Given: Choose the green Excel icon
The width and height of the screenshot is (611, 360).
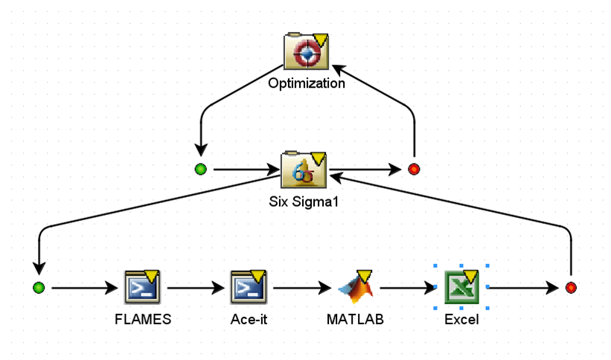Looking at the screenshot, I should coord(461,287).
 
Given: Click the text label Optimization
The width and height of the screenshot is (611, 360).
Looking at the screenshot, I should coord(307,83).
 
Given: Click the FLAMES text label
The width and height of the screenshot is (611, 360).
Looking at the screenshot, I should coord(143,320).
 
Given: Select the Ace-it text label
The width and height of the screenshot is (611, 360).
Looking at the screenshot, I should coord(249,320).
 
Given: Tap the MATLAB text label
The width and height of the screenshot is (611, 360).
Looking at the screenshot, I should coord(354,320).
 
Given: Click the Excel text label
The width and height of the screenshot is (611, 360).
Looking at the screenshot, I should coord(461,320).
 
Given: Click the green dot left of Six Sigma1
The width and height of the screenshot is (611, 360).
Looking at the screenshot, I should coord(200,170).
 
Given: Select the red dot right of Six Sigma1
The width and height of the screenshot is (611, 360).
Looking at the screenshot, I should coord(414,170).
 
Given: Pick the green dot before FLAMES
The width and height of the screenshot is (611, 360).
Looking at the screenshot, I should coord(39,287).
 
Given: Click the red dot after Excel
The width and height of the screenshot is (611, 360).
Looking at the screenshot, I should coord(571,287).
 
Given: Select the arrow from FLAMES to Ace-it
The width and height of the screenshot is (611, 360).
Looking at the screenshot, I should coord(196,287).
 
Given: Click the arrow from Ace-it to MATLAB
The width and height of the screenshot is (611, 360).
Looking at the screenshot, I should coord(301,287).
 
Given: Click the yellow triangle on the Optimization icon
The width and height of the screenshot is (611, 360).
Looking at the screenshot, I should coord(321,39).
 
